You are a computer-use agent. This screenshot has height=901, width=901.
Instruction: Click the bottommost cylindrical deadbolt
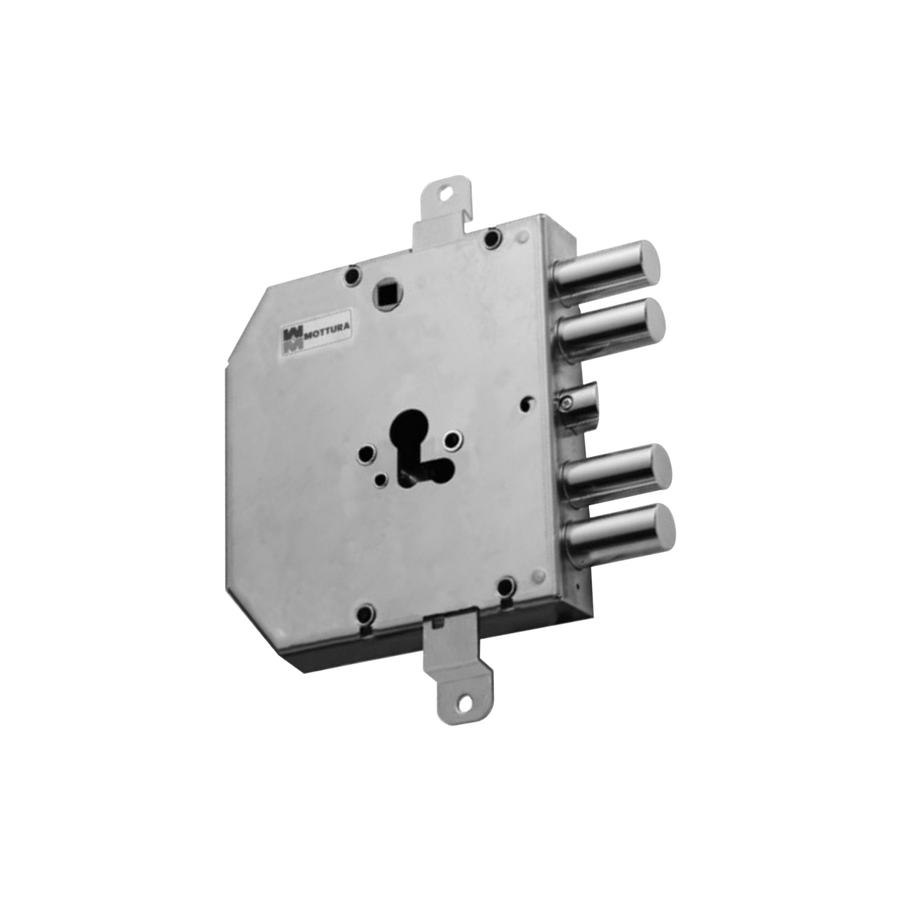pyautogui.click(x=620, y=532)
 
